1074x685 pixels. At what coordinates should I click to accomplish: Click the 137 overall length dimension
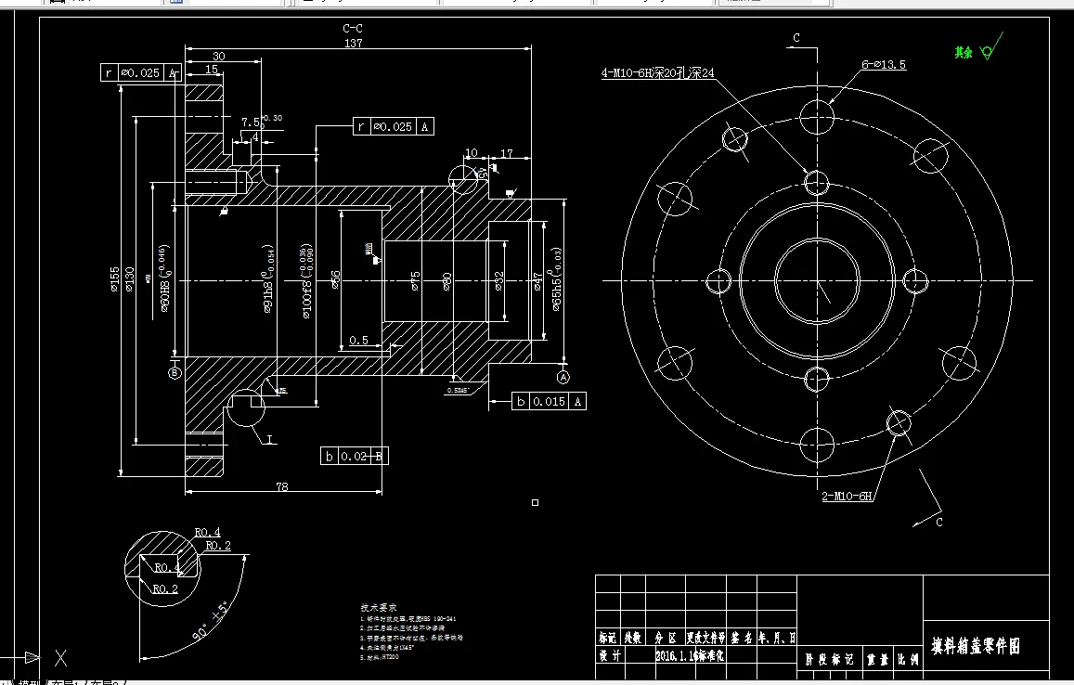pyautogui.click(x=353, y=44)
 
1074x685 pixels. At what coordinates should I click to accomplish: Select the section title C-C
pyautogui.click(x=353, y=29)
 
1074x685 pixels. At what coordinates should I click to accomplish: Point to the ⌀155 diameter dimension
pyautogui.click(x=113, y=278)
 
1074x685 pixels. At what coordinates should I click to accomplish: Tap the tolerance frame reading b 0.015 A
pyautogui.click(x=550, y=401)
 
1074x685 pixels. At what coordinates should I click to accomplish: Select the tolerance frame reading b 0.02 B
pyautogui.click(x=353, y=456)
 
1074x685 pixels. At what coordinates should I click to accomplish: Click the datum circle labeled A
pyautogui.click(x=563, y=377)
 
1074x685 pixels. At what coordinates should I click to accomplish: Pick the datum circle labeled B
pyautogui.click(x=175, y=373)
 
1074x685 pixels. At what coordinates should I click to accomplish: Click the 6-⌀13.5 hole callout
pyautogui.click(x=883, y=65)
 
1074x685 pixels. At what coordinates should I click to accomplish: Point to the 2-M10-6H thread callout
pyautogui.click(x=847, y=497)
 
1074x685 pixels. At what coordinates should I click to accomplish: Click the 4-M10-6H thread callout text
pyautogui.click(x=658, y=71)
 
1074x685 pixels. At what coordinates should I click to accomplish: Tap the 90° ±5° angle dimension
pyautogui.click(x=213, y=623)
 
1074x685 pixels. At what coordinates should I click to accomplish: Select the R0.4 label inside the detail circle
pyautogui.click(x=166, y=567)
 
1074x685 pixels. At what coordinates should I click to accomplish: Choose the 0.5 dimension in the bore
pyautogui.click(x=358, y=341)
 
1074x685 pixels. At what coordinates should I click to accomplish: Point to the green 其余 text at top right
pyautogui.click(x=963, y=53)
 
